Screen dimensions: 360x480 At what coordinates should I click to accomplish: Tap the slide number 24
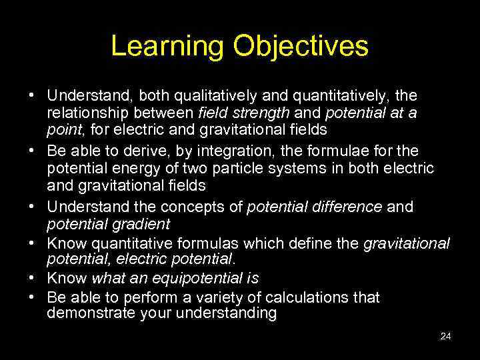click(446, 337)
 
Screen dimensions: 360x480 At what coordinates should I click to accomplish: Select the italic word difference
click(349, 207)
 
